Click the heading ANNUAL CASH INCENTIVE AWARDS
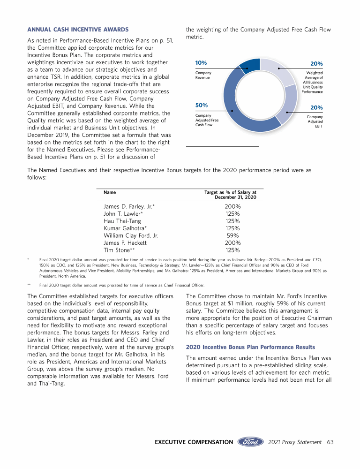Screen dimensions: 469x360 pos(78,30)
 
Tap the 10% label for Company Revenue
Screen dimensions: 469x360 pos(201,63)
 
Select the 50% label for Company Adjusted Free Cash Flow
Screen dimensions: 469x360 pos(202,105)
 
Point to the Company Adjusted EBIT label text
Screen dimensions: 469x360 pos(315,121)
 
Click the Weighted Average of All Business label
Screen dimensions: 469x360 pos(312,82)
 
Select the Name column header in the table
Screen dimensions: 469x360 pos(110,192)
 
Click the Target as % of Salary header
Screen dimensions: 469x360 pos(231,195)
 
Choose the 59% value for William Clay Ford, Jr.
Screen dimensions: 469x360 pos(233,235)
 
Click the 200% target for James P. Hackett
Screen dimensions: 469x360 pos(233,243)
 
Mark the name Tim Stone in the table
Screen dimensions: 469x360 pos(119,250)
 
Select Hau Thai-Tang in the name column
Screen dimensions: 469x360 pos(122,221)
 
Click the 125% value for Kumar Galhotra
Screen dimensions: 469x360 pos(233,228)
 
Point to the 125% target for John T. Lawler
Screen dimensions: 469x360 pos(233,214)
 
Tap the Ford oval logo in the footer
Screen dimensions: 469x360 pos(251,442)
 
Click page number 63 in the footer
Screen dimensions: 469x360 pos(330,442)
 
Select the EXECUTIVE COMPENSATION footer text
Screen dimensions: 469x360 pos(194,442)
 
